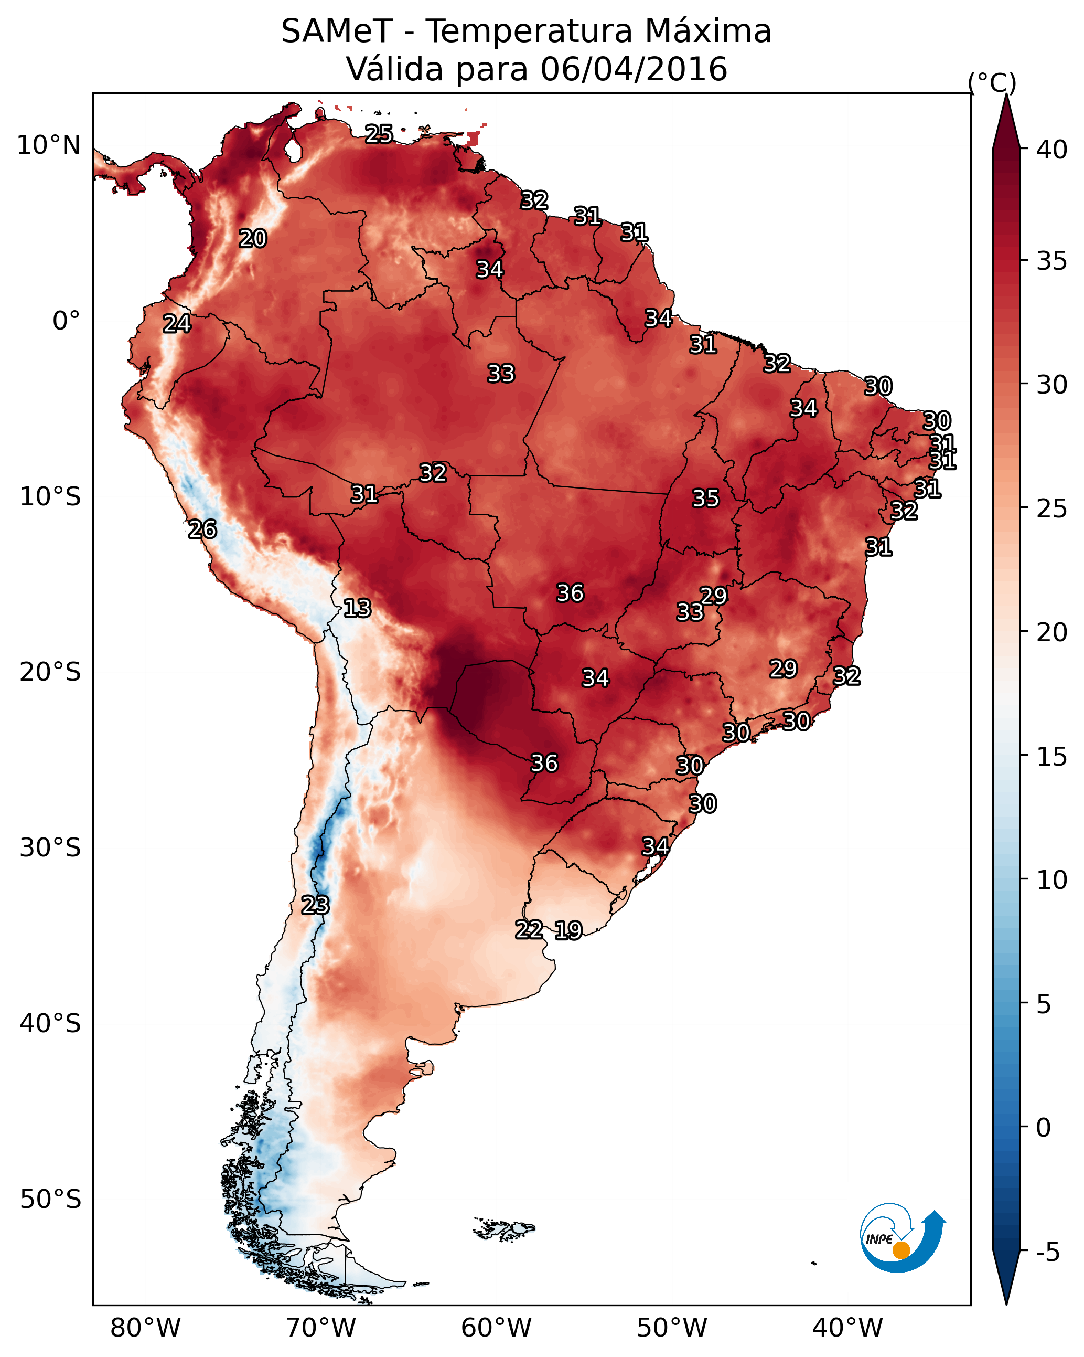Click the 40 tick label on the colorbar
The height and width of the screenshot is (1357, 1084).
1052,150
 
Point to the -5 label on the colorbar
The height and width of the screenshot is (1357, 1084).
1047,1253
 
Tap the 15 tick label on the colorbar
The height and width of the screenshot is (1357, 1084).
1052,757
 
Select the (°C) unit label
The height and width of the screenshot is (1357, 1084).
992,82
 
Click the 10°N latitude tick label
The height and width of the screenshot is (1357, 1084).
48,145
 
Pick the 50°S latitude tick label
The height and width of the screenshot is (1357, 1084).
50,1200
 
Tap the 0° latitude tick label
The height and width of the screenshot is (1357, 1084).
66,321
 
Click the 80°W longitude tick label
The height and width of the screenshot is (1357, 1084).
145,1328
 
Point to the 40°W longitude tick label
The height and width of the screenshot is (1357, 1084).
847,1328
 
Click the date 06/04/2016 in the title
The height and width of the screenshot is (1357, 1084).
634,69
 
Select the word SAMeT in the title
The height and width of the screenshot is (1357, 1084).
337,31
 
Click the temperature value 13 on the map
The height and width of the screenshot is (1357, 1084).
357,609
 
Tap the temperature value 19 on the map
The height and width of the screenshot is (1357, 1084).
568,930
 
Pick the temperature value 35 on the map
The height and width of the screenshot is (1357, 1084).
705,499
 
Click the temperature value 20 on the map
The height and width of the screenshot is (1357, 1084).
253,239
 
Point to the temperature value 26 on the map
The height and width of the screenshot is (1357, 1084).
202,529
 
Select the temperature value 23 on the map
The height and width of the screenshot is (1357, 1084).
315,905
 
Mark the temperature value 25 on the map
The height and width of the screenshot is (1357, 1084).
379,134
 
